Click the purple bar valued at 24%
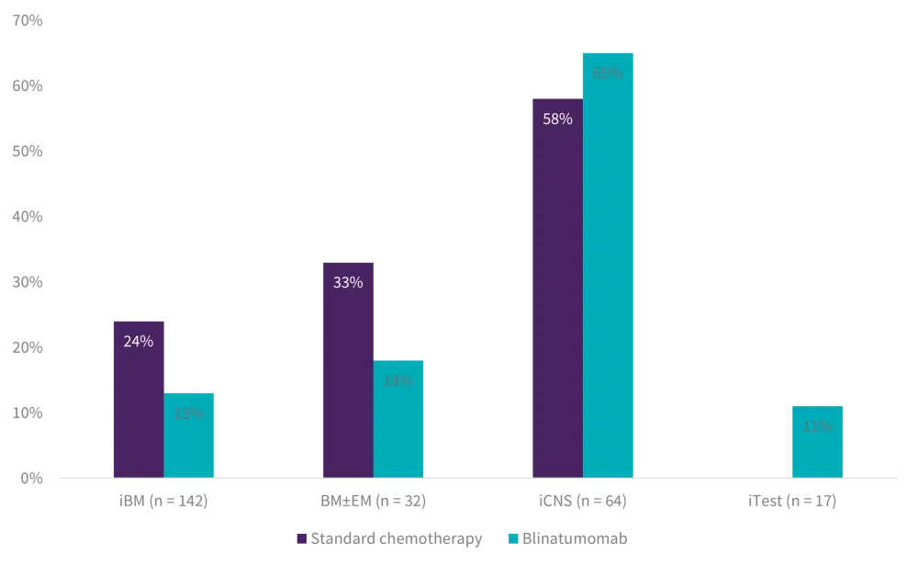pos(138,404)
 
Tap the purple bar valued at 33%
pos(348,377)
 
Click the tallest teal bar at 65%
pos(609,276)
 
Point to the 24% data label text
pos(138,342)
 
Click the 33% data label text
pos(348,283)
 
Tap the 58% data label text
pos(557,119)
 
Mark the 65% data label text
pos(608,74)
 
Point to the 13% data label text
pos(189,414)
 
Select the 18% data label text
pos(398,381)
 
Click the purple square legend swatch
pos(301,538)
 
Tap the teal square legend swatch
pos(514,538)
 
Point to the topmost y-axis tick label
pos(26,17)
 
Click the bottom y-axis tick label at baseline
pos(28,478)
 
